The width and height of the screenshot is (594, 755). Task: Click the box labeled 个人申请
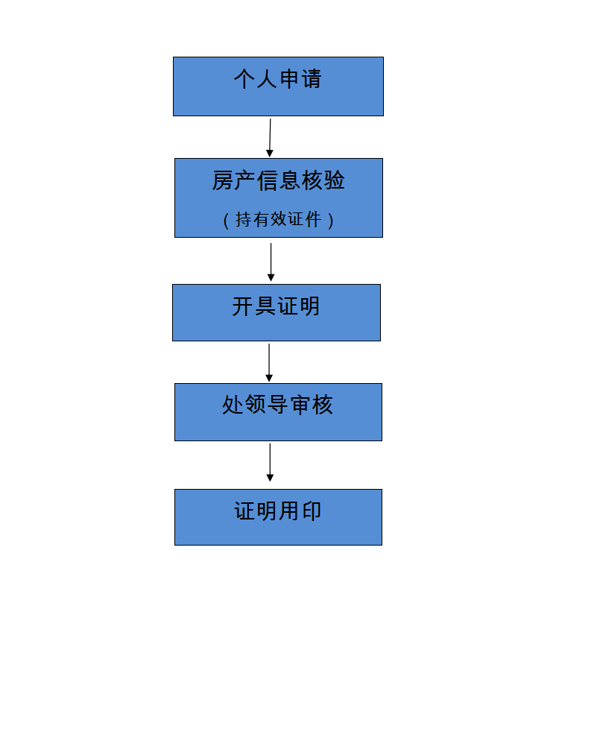point(278,86)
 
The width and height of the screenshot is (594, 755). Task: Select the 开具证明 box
point(277,312)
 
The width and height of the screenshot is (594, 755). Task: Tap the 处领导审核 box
point(278,412)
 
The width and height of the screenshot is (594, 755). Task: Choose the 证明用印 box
point(278,517)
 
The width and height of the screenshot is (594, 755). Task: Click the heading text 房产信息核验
point(278,180)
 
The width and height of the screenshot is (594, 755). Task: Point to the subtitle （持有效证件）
point(278,220)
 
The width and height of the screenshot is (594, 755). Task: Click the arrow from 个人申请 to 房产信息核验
point(270,138)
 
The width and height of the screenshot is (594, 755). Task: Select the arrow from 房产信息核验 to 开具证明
point(271,262)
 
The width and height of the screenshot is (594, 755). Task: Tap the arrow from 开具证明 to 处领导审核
point(269,362)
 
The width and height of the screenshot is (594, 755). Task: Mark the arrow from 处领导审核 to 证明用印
point(270,462)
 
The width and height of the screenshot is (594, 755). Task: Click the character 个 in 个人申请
point(244,79)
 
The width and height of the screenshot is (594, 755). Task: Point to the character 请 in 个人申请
point(311,79)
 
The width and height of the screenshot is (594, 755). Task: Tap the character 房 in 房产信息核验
point(223,180)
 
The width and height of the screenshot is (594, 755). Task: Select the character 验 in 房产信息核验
point(335,180)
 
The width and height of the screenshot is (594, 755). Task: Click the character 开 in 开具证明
point(243,306)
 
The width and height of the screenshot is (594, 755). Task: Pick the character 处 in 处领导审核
point(233,405)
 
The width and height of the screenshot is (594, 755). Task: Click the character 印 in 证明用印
point(312,511)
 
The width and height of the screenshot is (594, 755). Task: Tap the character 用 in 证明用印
point(289,511)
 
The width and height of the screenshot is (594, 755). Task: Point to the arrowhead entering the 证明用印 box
point(270,478)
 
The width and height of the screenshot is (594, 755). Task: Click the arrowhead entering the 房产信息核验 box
point(270,153)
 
